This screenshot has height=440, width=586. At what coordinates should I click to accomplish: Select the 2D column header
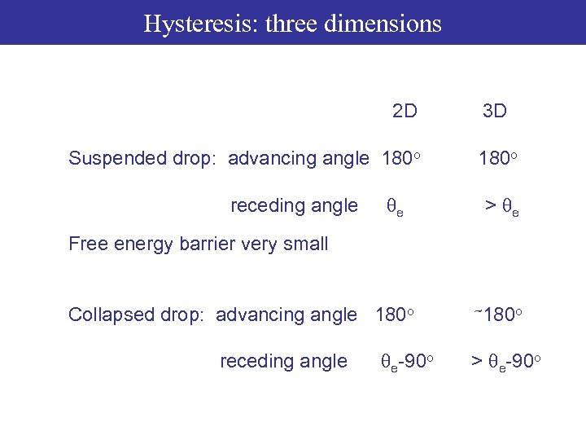[x=405, y=111]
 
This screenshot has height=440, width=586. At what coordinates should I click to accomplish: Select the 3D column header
[x=494, y=111]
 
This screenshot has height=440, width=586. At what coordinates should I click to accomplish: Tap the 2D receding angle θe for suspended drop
[x=393, y=207]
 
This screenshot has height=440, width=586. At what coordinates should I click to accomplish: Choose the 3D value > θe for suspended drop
[x=501, y=207]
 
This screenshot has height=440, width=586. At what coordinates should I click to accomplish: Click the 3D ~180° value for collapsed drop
[x=497, y=315]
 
